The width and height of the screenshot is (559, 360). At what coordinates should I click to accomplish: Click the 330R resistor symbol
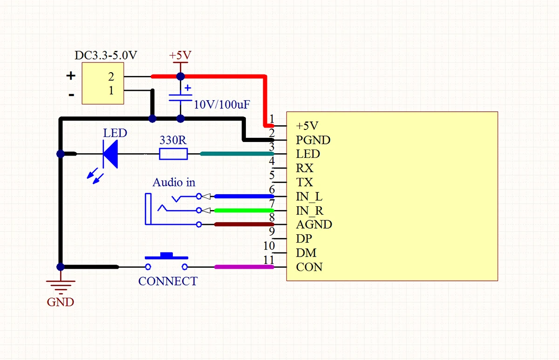pos(173,154)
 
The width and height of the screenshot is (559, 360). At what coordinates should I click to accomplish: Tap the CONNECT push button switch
pos(166,261)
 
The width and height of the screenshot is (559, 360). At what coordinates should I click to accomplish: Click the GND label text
pos(61,302)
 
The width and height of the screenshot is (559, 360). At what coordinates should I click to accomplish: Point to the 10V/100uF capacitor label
pos(222,105)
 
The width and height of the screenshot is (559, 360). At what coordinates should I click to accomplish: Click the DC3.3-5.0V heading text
pos(106,55)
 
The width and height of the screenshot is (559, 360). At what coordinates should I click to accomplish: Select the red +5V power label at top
pos(180,55)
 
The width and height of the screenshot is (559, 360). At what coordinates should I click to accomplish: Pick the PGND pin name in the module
pos(313,140)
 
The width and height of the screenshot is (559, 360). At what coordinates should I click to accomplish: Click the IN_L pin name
pos(309,196)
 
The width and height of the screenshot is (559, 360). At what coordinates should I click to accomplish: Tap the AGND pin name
pos(314,224)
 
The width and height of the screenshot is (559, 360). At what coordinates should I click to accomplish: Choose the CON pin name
pos(309,267)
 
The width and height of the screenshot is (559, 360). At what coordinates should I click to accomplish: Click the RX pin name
pos(305,168)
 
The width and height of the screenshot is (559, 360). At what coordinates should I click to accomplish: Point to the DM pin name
pos(306,253)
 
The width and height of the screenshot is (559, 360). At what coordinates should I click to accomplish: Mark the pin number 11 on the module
pos(268,260)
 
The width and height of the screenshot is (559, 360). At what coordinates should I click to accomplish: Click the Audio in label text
pos(174,182)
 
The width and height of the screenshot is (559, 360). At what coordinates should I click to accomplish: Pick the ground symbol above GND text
pos(61,284)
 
